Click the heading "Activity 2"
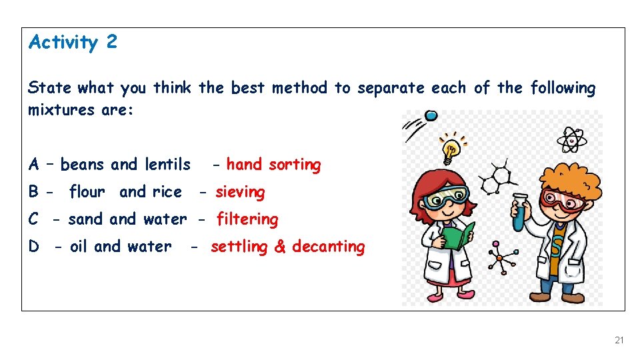point(73,43)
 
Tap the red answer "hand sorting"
point(273,165)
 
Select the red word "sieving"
point(240,192)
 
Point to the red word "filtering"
point(247,219)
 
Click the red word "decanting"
point(329,247)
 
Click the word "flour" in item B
point(87,192)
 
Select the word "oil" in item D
point(79,247)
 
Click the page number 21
point(619,340)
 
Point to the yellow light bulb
point(451,149)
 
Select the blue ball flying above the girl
point(431,116)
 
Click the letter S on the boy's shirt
point(557,247)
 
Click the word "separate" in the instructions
point(391,88)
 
